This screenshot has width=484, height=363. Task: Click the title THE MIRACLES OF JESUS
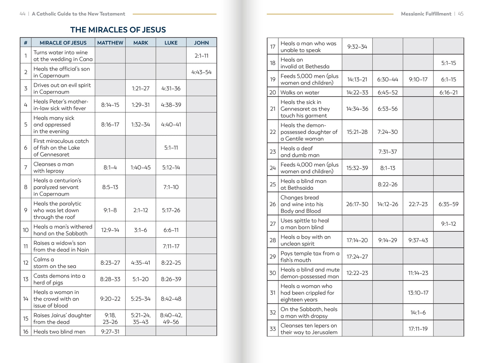pyautogui.click(x=118, y=30)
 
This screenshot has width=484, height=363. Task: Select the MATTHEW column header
pyautogui.click(x=110, y=43)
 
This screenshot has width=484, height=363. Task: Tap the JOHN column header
pyautogui.click(x=201, y=43)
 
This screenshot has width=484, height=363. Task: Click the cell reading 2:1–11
pyautogui.click(x=201, y=56)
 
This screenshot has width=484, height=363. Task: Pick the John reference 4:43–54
pyautogui.click(x=201, y=72)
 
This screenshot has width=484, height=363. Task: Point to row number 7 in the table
pyautogui.click(x=26, y=167)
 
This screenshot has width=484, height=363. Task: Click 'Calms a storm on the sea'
pyautogui.click(x=55, y=263)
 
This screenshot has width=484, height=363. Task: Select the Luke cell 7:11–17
pyautogui.click(x=171, y=246)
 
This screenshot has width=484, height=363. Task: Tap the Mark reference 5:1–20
pyautogui.click(x=140, y=279)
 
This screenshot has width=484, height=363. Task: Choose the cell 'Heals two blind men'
pyautogui.click(x=59, y=331)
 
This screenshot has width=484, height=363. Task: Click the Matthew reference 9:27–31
pyautogui.click(x=110, y=331)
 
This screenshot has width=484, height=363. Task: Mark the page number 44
pyautogui.click(x=22, y=14)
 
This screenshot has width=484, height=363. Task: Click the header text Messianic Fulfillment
pyautogui.click(x=426, y=14)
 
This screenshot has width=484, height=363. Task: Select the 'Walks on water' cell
pyautogui.click(x=300, y=93)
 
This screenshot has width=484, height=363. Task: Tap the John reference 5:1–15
pyautogui.click(x=448, y=63)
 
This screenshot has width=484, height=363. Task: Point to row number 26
pyautogui.click(x=273, y=204)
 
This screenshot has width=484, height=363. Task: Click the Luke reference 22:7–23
pyautogui.click(x=418, y=204)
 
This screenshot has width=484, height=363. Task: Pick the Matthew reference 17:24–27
pyautogui.click(x=357, y=257)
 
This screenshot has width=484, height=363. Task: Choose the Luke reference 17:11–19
pyautogui.click(x=418, y=329)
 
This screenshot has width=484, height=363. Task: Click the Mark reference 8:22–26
pyautogui.click(x=388, y=184)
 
